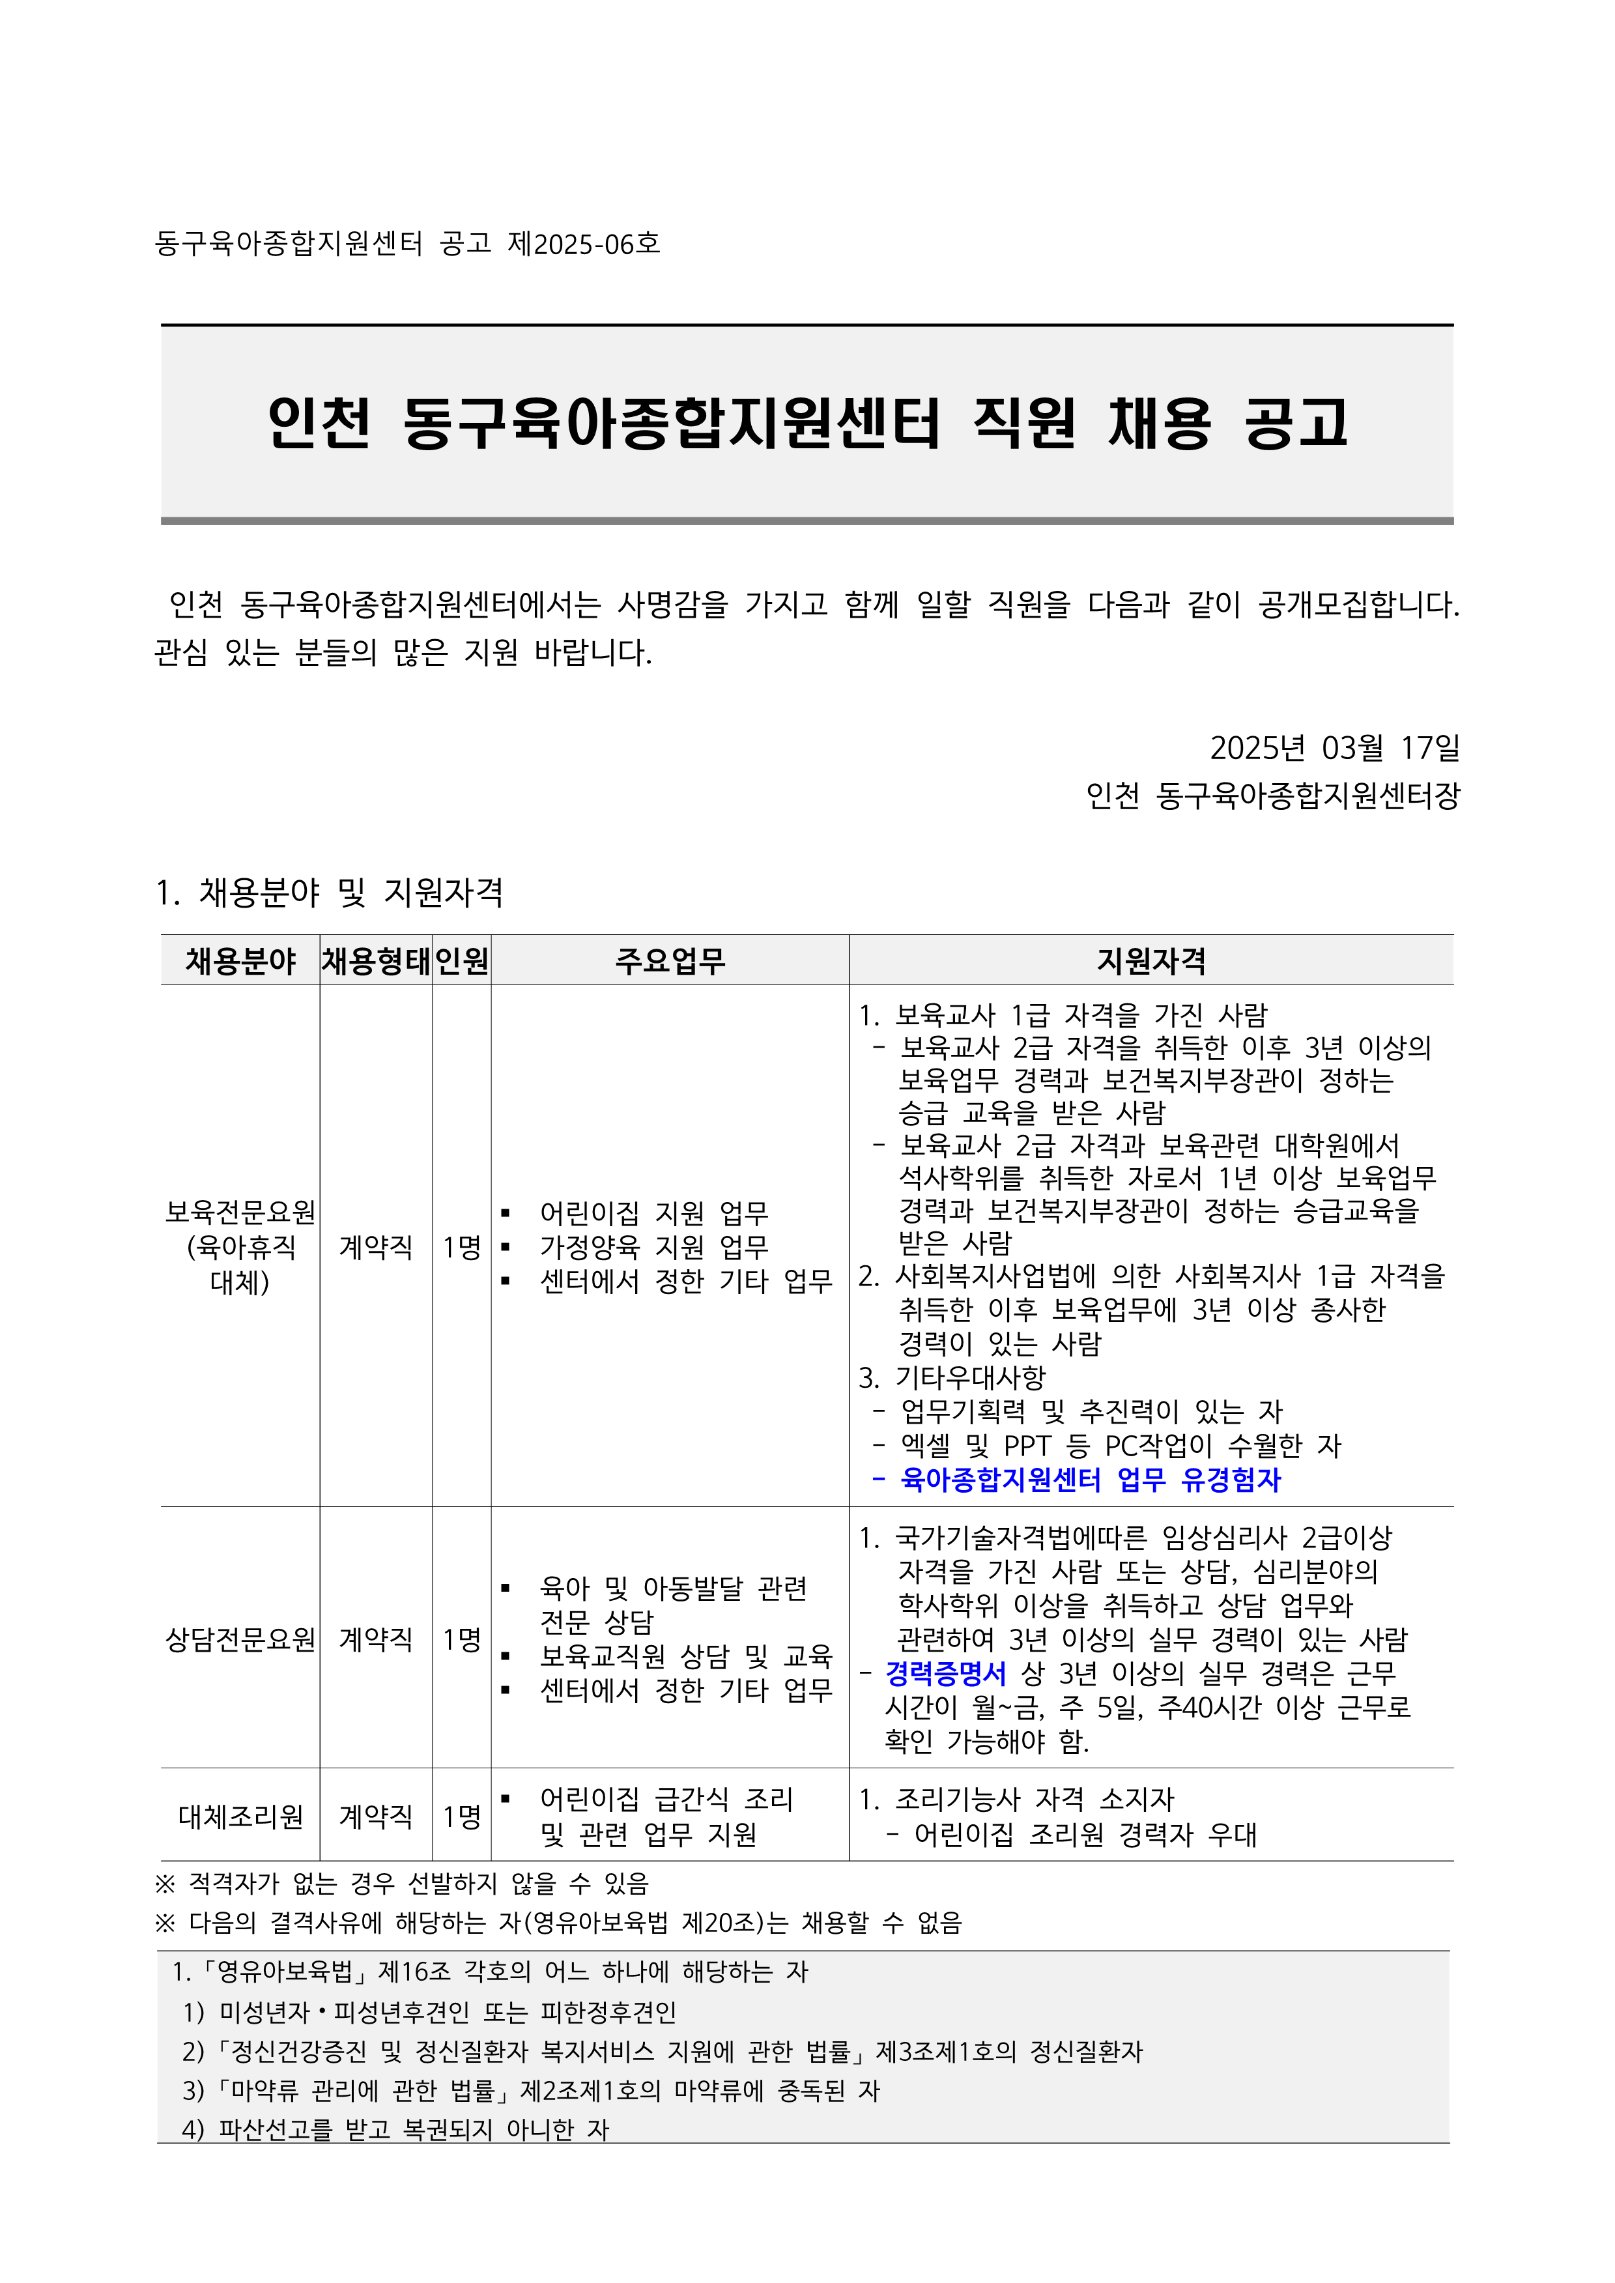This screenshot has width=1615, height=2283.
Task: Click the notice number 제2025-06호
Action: point(584,244)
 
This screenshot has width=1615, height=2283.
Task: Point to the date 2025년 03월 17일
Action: point(1335,748)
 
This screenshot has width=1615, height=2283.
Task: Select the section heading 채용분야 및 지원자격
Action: point(330,892)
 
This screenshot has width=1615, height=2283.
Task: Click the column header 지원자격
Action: point(1151,960)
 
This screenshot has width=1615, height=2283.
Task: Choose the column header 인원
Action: point(461,960)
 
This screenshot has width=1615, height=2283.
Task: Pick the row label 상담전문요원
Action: point(240,1639)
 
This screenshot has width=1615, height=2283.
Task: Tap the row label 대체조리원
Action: point(240,1816)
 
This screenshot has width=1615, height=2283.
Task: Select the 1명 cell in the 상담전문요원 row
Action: point(461,1639)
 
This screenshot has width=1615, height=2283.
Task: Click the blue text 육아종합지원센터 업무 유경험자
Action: point(1090,1480)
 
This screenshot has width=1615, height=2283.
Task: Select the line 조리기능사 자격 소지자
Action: point(1035,1799)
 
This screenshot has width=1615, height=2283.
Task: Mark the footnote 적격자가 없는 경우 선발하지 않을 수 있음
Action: point(418,1883)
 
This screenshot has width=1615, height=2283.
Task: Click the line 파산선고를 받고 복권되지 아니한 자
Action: point(412,2129)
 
